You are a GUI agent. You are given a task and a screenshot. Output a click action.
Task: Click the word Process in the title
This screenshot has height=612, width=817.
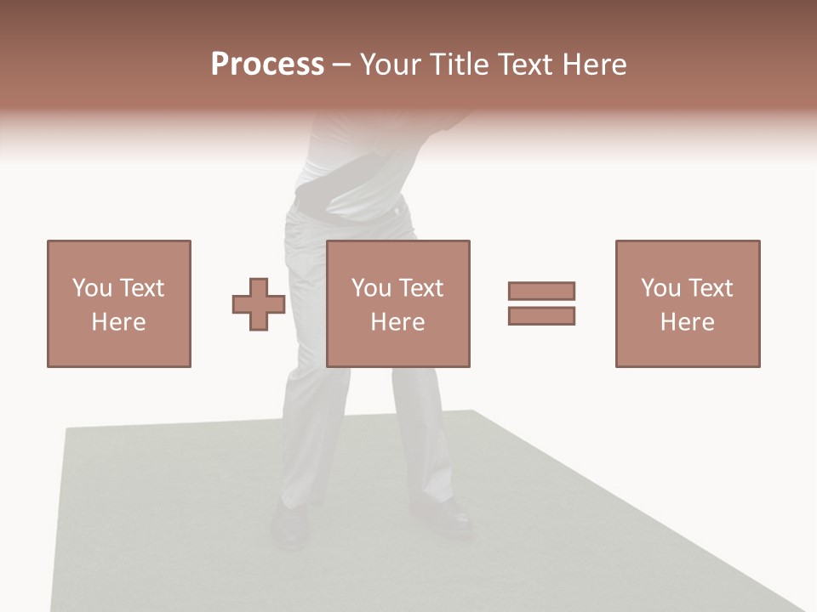click(x=267, y=65)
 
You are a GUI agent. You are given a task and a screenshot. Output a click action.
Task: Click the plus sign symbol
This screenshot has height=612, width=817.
click(x=259, y=304)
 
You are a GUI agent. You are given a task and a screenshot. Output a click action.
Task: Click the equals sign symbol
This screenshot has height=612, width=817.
click(x=541, y=303)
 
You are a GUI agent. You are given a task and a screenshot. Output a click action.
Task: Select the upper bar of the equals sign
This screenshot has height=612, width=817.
click(x=541, y=292)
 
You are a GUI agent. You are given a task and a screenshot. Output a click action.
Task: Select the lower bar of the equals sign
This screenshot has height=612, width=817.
click(x=541, y=315)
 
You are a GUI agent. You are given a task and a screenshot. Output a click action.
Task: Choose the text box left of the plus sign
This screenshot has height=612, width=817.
click(x=118, y=303)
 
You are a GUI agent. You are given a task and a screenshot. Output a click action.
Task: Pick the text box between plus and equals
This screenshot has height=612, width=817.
click(x=397, y=303)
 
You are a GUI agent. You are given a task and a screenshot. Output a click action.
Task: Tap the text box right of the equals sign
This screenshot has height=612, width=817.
click(x=687, y=303)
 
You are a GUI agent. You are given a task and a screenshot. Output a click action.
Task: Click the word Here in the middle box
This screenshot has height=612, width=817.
click(x=397, y=322)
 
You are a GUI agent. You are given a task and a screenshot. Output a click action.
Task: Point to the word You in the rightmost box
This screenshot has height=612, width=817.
click(x=661, y=288)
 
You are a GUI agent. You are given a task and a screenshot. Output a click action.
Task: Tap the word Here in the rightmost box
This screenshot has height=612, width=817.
click(x=687, y=322)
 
